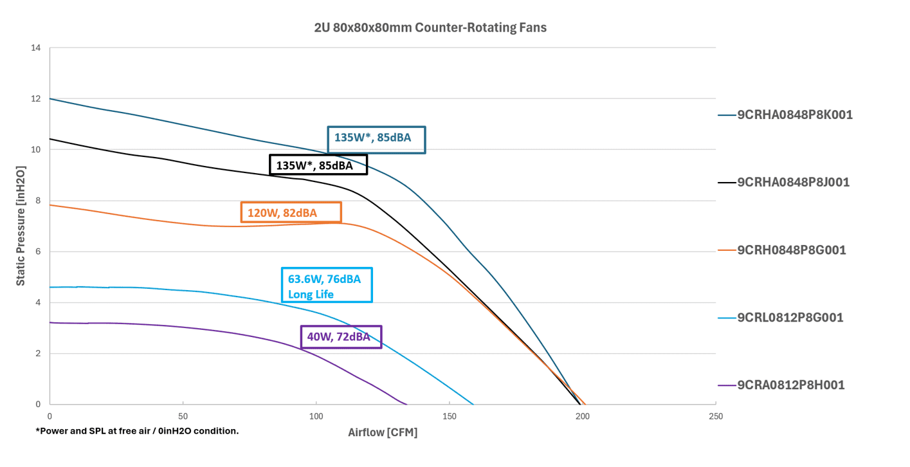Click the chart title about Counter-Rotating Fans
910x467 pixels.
coord(430,28)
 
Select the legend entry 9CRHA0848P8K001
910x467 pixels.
coord(794,114)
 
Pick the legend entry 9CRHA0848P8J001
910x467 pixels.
coord(793,182)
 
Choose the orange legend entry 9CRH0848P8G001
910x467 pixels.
coord(791,250)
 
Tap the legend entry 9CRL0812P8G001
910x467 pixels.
coord(790,317)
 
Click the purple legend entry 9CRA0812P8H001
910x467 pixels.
coord(790,385)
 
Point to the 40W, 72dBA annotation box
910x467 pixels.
coord(341,337)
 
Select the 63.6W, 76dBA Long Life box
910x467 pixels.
coord(326,284)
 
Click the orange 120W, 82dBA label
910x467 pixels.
coord(291,212)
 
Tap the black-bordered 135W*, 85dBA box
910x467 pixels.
coord(318,165)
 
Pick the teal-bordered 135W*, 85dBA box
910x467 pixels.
coord(376,139)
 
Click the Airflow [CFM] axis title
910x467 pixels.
coord(383,432)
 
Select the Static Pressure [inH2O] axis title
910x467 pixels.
coord(21,226)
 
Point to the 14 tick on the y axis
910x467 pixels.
coord(35,48)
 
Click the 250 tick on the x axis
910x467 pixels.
coord(715,416)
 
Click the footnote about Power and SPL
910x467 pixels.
coord(137,431)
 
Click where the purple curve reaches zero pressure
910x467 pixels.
coord(407,404)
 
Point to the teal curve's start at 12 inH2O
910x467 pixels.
coord(50,99)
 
